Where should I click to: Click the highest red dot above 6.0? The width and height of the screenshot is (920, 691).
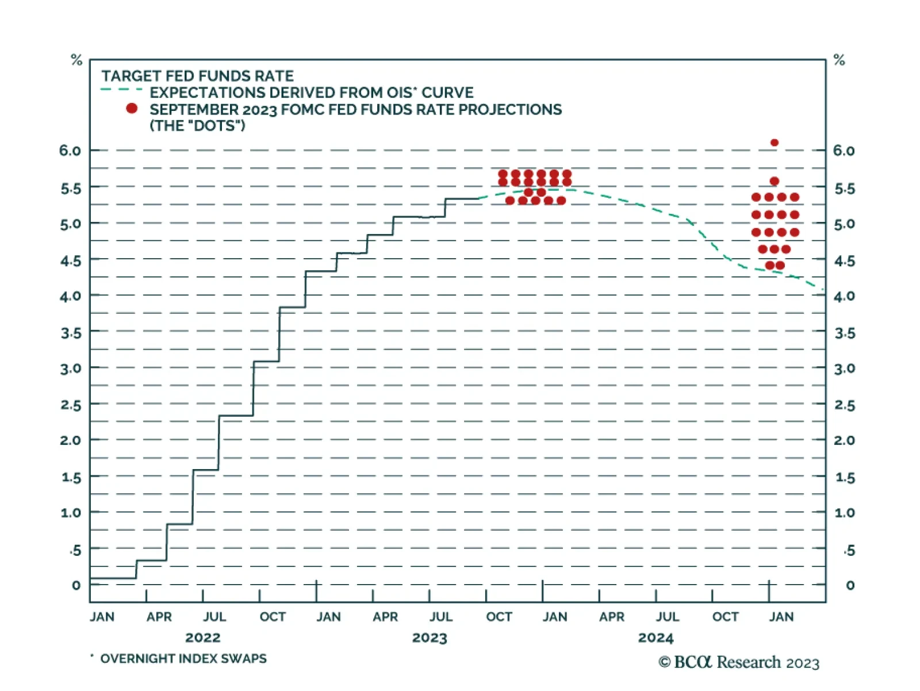click(774, 143)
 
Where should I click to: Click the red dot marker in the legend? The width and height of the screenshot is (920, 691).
click(132, 108)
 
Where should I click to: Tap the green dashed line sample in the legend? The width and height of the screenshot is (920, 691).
click(121, 90)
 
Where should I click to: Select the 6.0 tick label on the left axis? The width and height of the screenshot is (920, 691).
click(70, 151)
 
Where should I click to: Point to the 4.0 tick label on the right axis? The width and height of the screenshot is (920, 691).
click(844, 296)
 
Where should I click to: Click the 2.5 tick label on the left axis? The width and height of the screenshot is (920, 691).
click(71, 405)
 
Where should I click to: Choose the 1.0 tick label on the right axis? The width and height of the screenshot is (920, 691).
click(844, 513)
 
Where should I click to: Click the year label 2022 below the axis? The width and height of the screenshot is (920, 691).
click(202, 638)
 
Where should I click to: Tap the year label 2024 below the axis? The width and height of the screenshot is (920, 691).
click(655, 638)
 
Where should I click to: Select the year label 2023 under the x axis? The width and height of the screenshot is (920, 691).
click(430, 638)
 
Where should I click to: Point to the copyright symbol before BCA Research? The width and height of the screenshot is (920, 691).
click(664, 662)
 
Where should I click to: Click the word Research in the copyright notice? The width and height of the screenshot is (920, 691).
click(749, 662)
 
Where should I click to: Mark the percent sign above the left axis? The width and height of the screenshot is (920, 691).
click(76, 60)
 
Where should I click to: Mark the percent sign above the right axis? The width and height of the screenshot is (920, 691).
click(839, 60)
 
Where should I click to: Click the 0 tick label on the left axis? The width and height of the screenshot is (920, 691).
click(76, 585)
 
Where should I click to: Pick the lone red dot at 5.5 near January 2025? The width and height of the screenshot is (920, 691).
click(774, 182)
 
